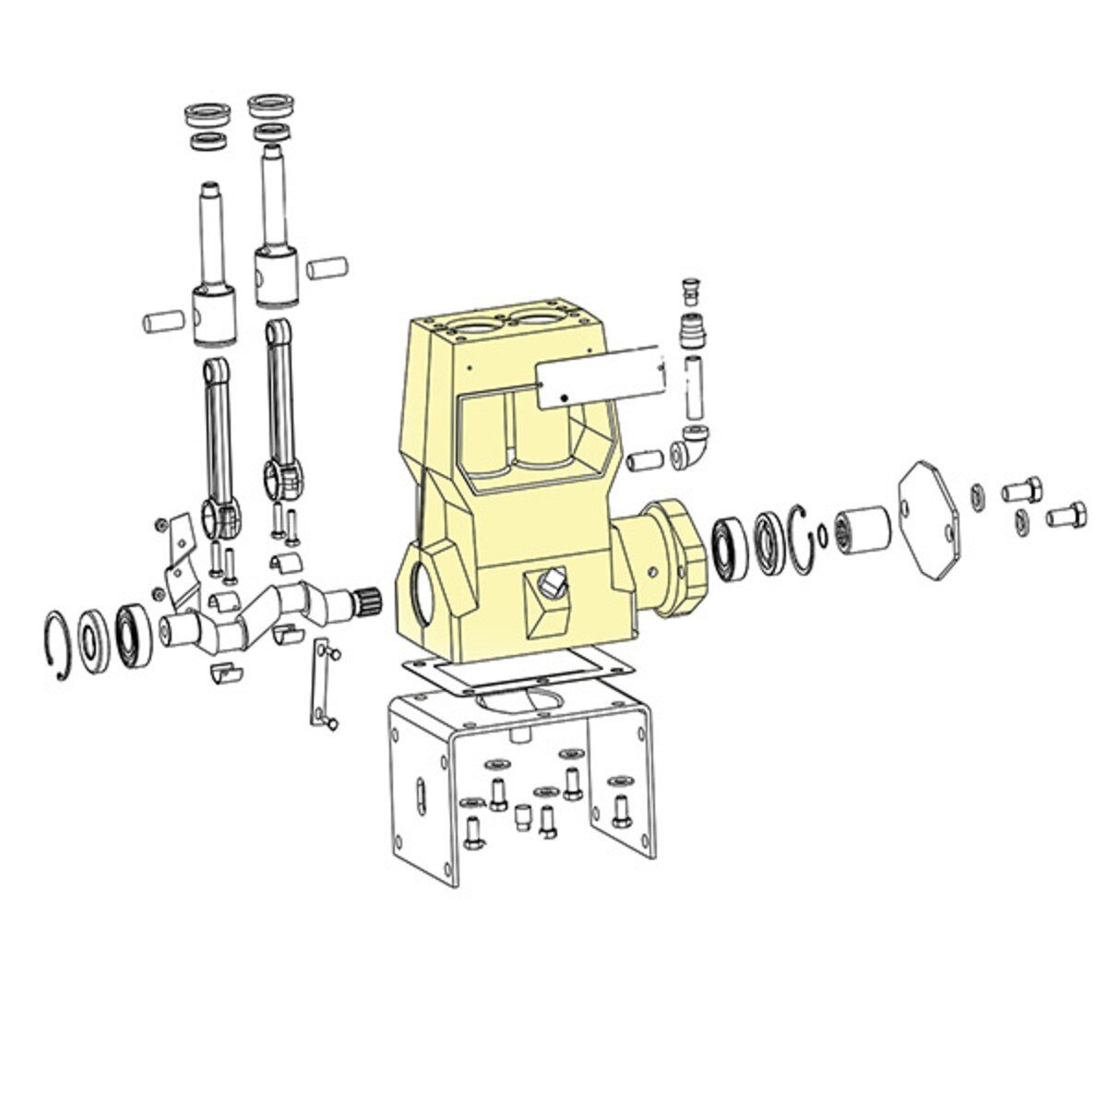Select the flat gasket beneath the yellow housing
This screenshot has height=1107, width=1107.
[x=518, y=677]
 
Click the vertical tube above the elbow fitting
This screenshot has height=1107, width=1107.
[x=693, y=385]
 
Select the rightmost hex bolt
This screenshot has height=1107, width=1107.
[x=1065, y=513]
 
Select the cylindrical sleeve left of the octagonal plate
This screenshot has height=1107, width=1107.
[x=863, y=531]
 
